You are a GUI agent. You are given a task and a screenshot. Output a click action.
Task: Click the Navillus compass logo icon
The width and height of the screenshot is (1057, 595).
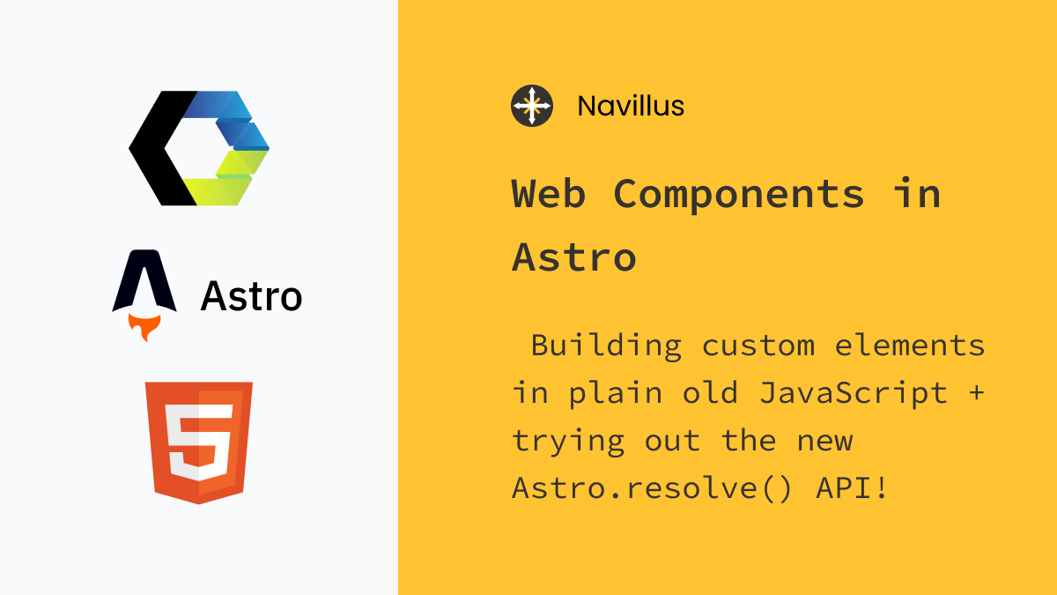click(532, 106)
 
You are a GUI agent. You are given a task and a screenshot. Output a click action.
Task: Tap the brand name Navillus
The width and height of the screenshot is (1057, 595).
click(631, 107)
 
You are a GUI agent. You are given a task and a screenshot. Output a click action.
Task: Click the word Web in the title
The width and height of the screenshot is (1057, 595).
click(548, 194)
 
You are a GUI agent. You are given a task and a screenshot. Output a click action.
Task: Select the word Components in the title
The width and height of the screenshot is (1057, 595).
click(739, 194)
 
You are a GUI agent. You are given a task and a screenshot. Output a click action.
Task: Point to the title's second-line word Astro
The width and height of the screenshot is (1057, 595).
click(573, 257)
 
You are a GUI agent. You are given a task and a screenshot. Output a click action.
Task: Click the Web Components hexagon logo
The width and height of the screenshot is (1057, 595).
click(200, 148)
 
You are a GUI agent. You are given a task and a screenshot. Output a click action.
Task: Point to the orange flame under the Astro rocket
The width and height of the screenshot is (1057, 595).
click(144, 329)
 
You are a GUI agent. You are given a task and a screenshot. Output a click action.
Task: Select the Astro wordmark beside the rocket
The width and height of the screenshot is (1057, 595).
click(251, 296)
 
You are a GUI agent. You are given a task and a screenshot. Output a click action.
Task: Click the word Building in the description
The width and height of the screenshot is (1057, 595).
click(606, 346)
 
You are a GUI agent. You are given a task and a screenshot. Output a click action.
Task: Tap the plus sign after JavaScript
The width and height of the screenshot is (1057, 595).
click(975, 393)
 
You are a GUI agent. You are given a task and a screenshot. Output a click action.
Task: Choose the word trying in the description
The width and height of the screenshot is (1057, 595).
click(568, 441)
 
